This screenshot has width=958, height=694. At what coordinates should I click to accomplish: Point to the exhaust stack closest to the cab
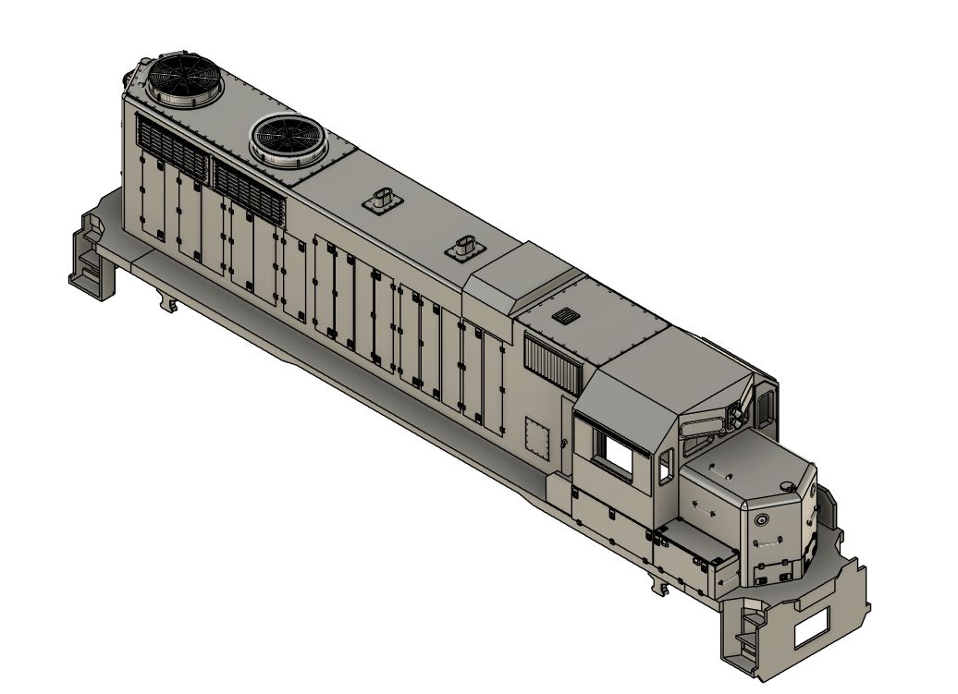point(464,247)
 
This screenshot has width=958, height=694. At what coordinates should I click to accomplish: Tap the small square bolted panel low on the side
point(537,435)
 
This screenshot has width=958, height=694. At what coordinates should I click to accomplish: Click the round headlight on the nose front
point(762,521)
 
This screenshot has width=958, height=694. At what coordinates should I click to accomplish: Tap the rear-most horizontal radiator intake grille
point(173,147)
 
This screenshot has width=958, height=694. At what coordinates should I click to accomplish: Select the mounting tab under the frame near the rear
point(166,301)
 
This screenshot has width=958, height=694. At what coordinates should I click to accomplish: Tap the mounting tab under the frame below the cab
point(663,588)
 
